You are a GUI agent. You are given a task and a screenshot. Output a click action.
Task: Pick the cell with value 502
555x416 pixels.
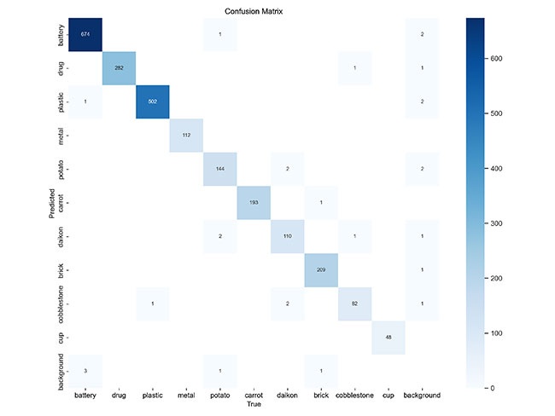pyautogui.click(x=154, y=101)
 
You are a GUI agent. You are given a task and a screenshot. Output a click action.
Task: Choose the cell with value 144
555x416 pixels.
pyautogui.click(x=221, y=169)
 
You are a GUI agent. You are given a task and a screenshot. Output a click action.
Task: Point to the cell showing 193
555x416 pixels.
pyautogui.click(x=254, y=202)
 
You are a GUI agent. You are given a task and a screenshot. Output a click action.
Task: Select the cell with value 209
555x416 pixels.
pyautogui.click(x=321, y=269)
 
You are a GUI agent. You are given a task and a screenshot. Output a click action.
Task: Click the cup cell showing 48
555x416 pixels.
pyautogui.click(x=388, y=337)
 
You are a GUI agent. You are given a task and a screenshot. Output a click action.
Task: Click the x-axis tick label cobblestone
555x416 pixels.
pyautogui.click(x=354, y=396)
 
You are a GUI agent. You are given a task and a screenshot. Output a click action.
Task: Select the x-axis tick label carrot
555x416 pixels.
pyautogui.click(x=254, y=396)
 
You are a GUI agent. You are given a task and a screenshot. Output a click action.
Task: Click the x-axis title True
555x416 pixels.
pyautogui.click(x=254, y=405)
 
